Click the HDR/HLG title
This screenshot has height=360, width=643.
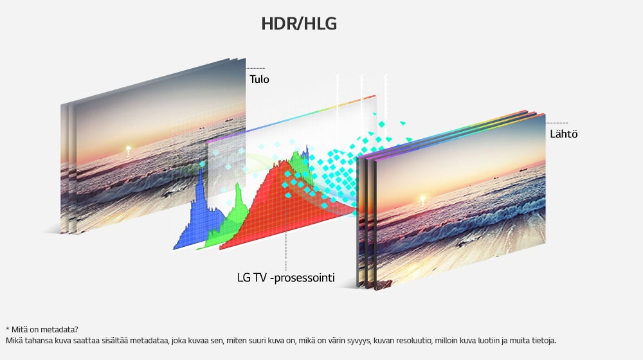click(x=299, y=24)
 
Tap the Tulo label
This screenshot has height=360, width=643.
click(x=259, y=79)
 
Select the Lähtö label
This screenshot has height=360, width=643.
click(x=563, y=134)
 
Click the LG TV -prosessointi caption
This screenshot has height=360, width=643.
click(x=286, y=278)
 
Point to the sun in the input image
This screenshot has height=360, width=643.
click(x=129, y=148)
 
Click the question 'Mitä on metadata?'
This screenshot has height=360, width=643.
click(x=45, y=330)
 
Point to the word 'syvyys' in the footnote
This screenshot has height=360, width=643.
click(x=358, y=341)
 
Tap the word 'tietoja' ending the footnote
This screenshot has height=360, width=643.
click(x=543, y=340)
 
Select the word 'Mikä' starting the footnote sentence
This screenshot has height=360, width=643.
click(x=14, y=340)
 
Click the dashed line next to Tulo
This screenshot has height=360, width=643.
click(x=255, y=69)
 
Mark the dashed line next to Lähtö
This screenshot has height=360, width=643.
click(x=557, y=123)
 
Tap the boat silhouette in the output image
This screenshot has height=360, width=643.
click(x=523, y=170)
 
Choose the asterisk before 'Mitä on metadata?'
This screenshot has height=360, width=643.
click(x=7, y=328)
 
